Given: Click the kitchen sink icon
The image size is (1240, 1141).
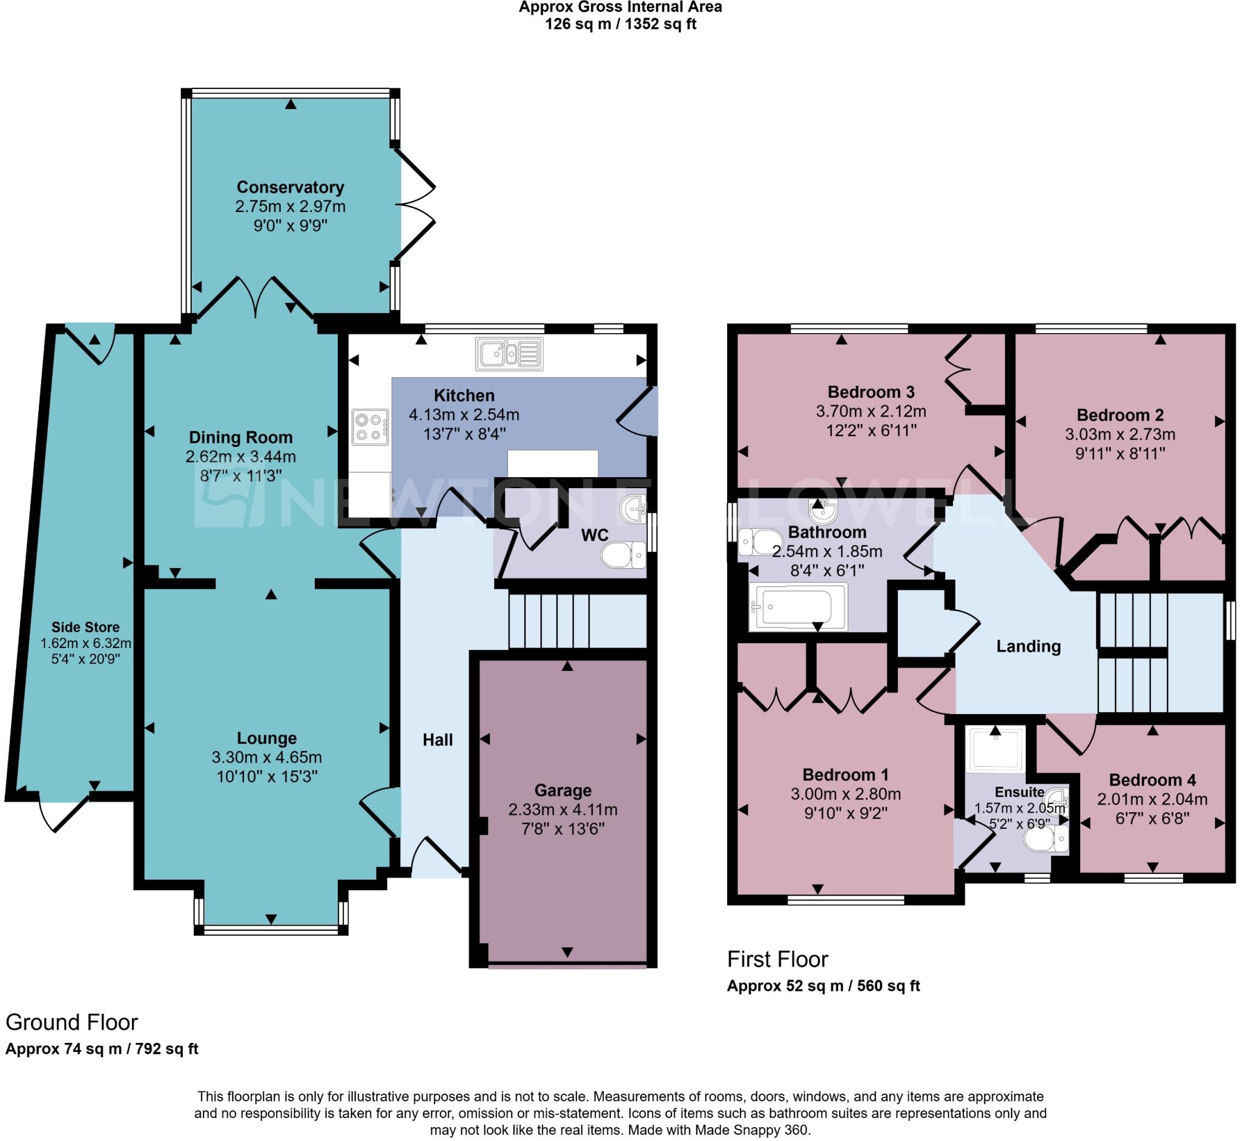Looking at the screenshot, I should pos(509,354).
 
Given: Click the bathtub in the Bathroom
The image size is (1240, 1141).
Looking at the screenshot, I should pos(797,607).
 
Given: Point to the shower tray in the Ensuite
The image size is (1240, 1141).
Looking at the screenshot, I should pos(995,750).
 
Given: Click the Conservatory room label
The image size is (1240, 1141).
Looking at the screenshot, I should pos(290,187).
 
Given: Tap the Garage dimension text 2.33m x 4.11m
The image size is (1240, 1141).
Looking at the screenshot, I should pos(562,810).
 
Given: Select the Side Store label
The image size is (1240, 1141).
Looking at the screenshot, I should pos(85,627).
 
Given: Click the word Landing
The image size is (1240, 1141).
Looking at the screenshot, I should pos(1028,646).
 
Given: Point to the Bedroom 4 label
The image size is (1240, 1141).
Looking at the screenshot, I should pos(1152,780).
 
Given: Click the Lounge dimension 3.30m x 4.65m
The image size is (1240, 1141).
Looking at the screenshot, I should pos(266,757).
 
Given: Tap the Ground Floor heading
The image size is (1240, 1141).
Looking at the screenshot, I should pos(71,1022).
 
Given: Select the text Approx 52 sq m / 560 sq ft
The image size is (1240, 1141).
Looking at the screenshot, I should pos(823,986).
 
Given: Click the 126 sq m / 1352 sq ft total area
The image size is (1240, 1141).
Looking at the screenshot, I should pos(621,24).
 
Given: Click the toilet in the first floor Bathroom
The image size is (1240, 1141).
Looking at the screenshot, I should pos(759,541).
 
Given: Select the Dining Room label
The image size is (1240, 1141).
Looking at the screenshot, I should pos(241,437).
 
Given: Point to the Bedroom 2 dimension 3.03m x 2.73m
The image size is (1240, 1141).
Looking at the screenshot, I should pos(1120,434).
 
